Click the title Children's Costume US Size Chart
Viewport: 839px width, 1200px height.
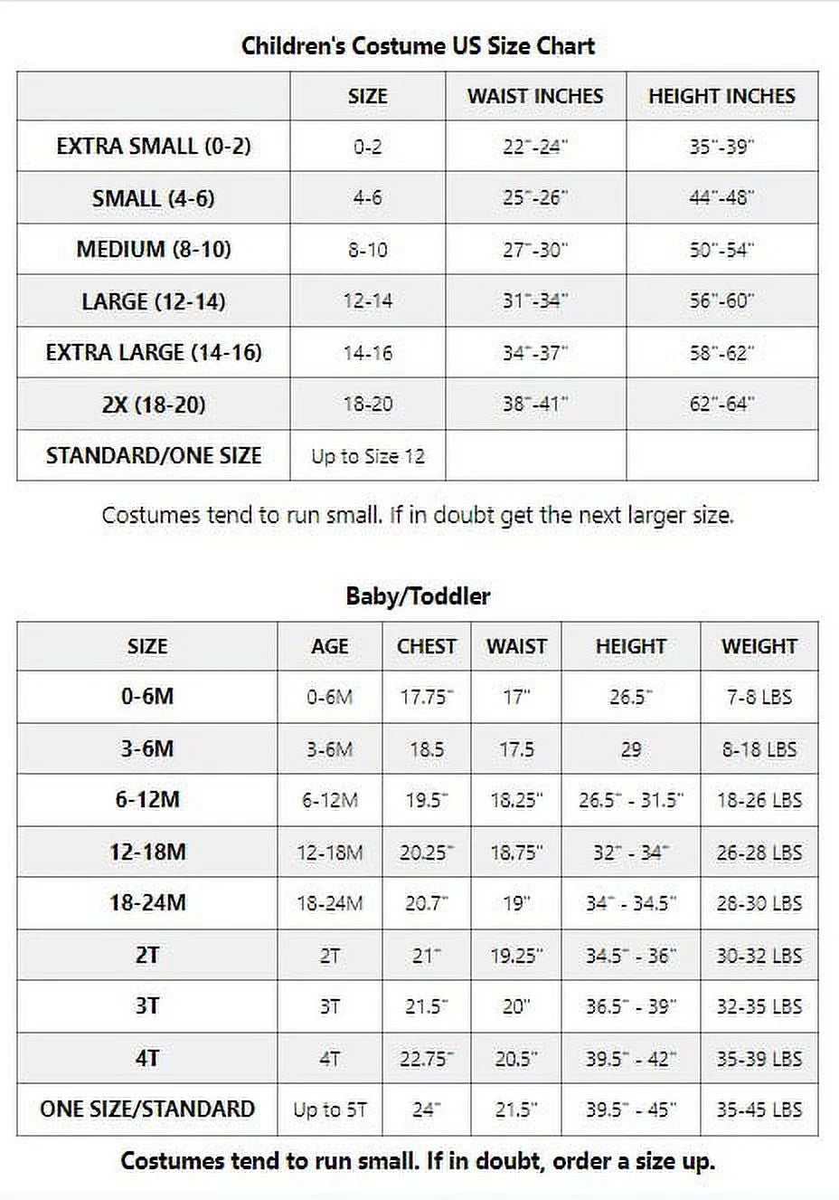pyautogui.click(x=418, y=46)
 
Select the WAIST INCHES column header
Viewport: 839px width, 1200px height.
pyautogui.click(x=534, y=96)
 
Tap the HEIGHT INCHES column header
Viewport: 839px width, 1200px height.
pyautogui.click(x=721, y=96)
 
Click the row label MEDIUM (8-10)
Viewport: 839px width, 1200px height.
pyautogui.click(x=154, y=249)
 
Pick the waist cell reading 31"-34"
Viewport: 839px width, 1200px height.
pyautogui.click(x=534, y=300)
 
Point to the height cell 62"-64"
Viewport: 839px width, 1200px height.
pyautogui.click(x=721, y=404)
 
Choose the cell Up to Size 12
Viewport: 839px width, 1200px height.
pyautogui.click(x=367, y=456)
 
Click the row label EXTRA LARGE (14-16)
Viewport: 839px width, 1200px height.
pyautogui.click(x=154, y=352)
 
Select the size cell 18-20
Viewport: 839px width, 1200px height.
pyautogui.click(x=367, y=404)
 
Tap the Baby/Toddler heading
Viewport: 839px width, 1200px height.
pyautogui.click(x=418, y=596)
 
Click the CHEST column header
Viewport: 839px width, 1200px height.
pyautogui.click(x=426, y=646)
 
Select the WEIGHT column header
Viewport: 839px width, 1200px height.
pyautogui.click(x=759, y=646)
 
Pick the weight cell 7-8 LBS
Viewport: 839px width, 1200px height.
pyautogui.click(x=759, y=697)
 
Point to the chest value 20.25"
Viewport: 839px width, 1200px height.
pyautogui.click(x=426, y=852)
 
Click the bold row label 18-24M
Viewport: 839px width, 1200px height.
pyautogui.click(x=147, y=902)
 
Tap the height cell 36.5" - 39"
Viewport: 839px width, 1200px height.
pyautogui.click(x=630, y=1006)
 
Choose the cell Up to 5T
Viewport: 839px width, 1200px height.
pyautogui.click(x=329, y=1110)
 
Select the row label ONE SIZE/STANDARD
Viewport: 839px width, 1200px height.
pyautogui.click(x=147, y=1109)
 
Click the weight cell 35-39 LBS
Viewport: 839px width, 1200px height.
pyautogui.click(x=759, y=1058)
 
